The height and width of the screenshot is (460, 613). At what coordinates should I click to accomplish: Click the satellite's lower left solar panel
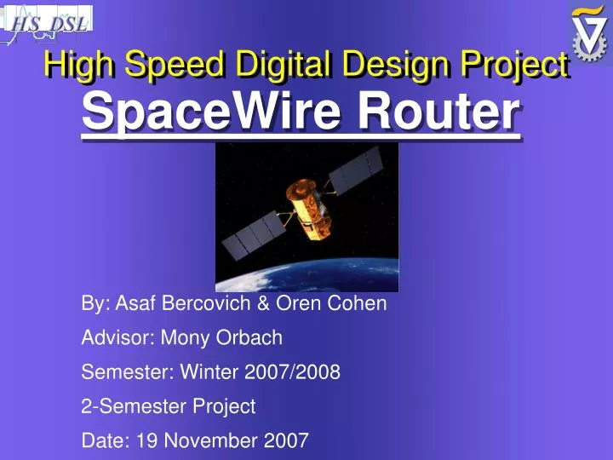pyautogui.click(x=252, y=235)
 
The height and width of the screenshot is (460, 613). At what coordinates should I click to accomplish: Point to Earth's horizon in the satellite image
pyautogui.click(x=306, y=271)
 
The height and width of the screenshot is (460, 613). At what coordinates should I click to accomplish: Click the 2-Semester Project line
pyautogui.click(x=168, y=406)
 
